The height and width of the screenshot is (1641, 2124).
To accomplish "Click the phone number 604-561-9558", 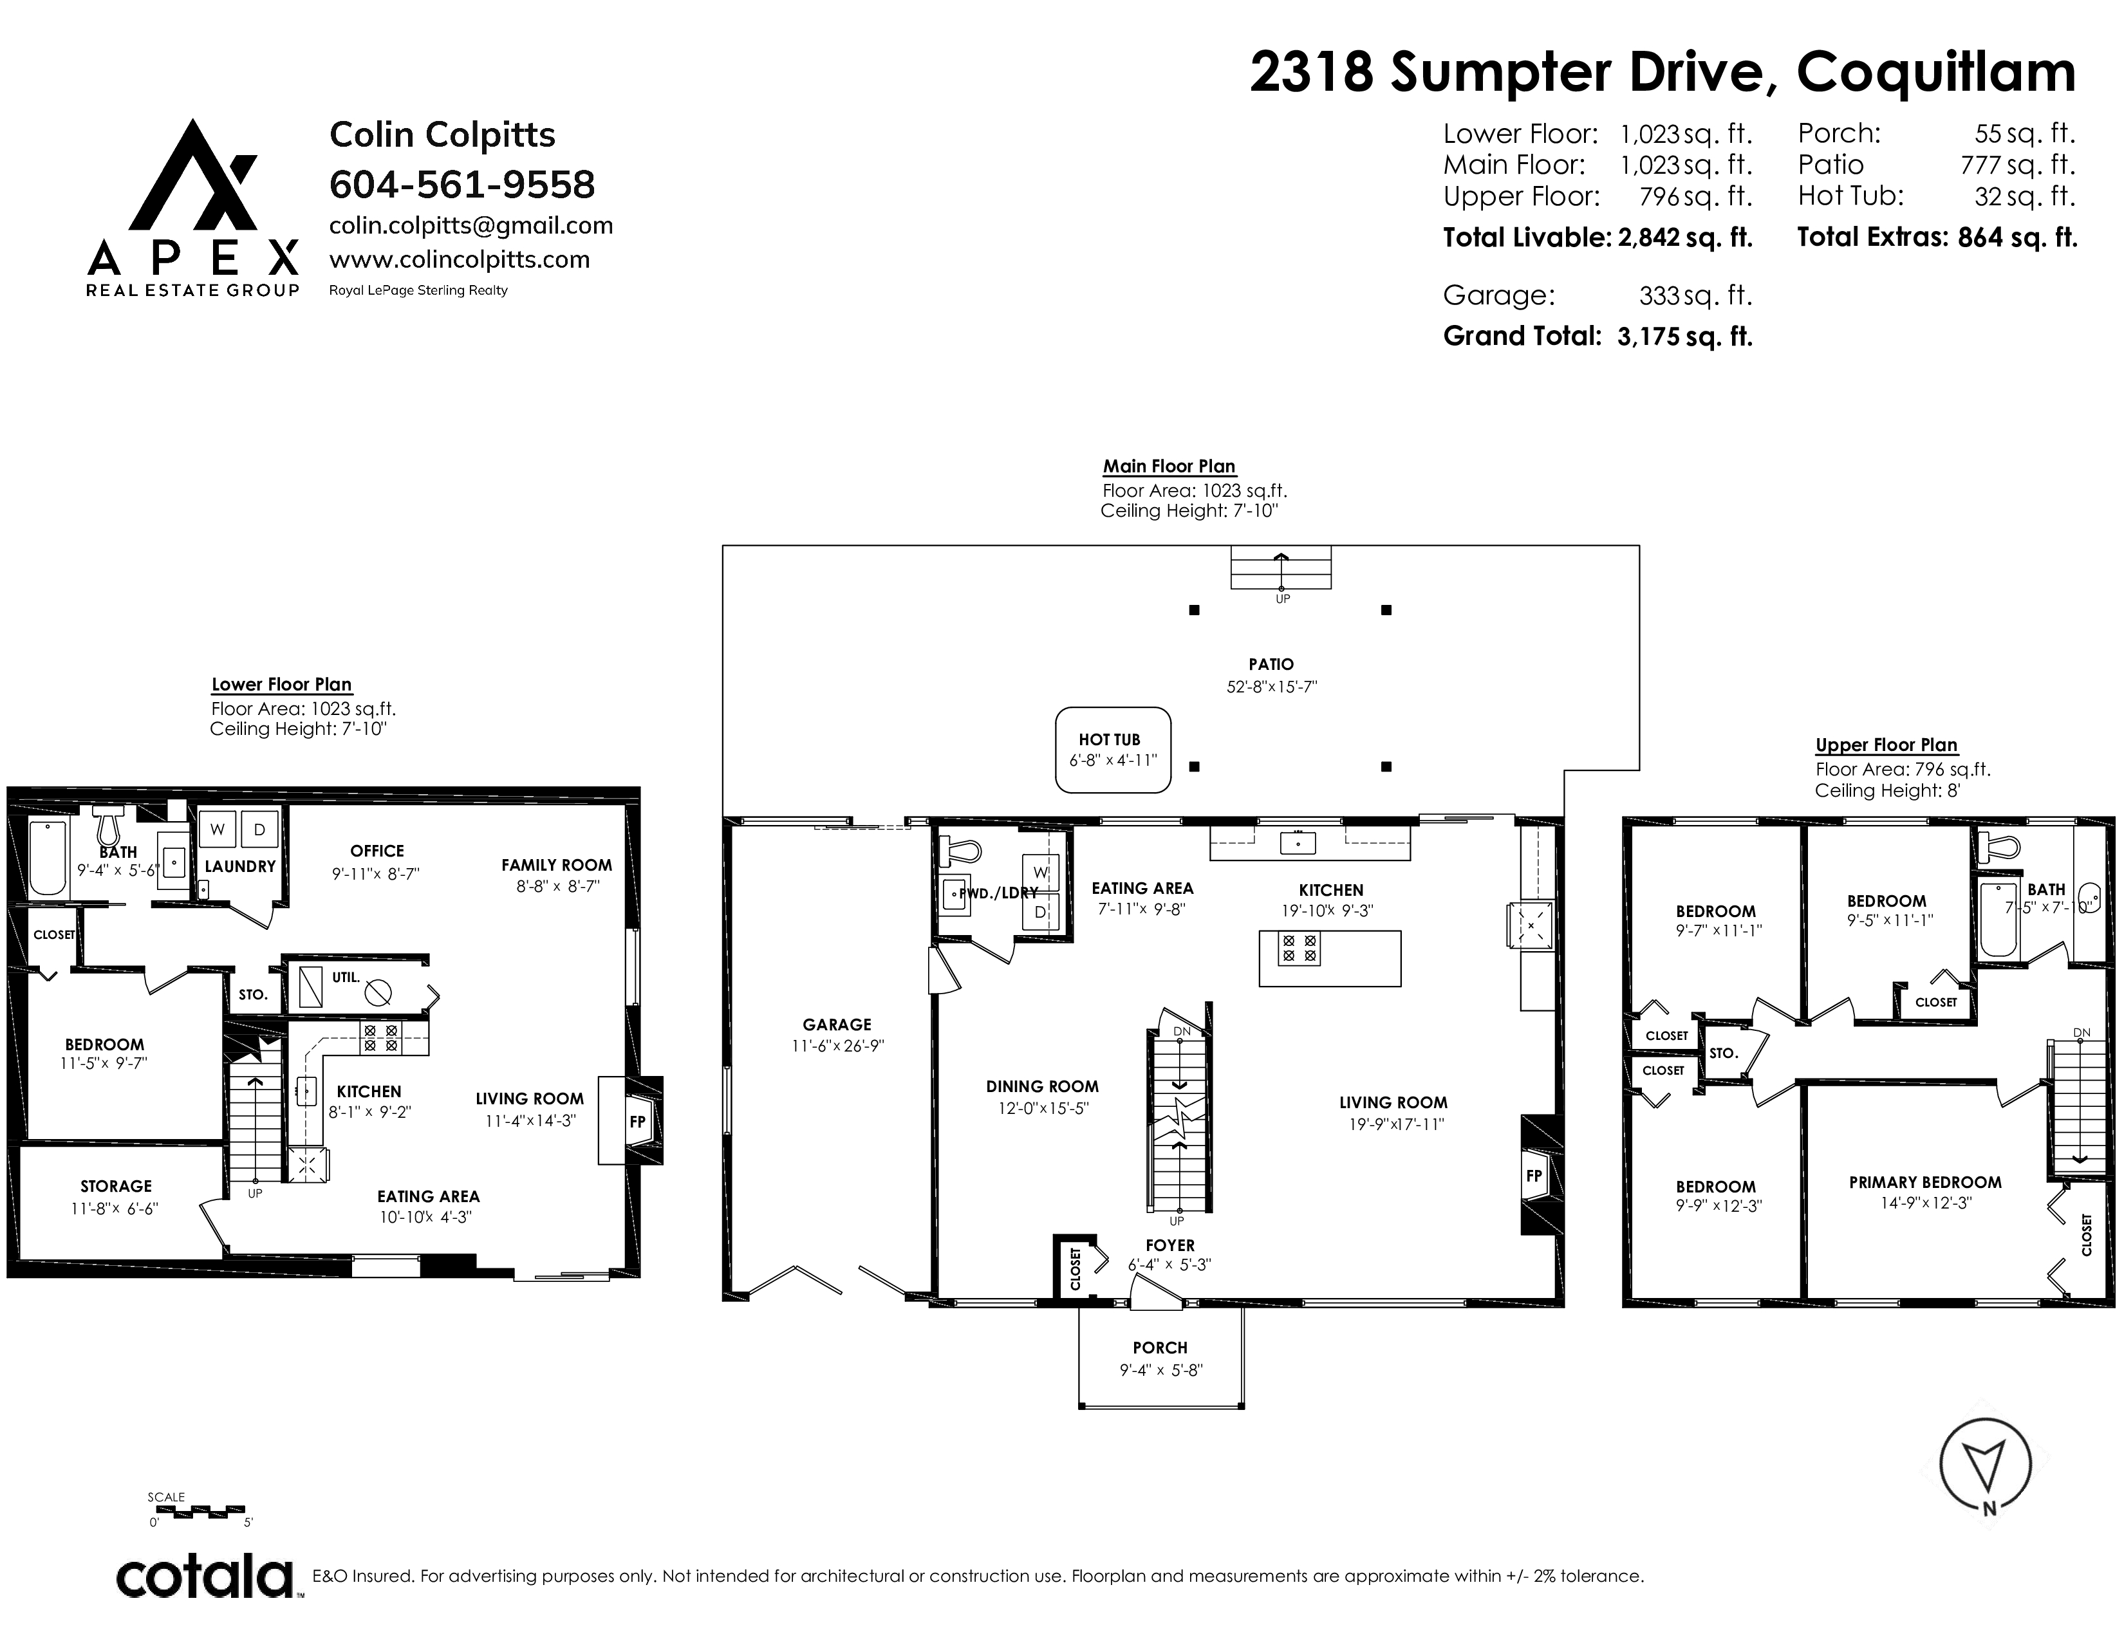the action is point(462,185).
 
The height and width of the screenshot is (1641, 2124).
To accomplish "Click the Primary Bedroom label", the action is point(1924,1182).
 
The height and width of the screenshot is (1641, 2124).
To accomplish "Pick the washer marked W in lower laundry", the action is point(218,830).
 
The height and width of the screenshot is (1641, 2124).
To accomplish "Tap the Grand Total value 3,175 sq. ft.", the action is point(1684,337).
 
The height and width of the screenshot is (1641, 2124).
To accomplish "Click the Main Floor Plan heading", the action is point(1169,467).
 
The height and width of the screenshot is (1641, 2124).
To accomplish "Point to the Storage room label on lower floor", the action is point(116,1186).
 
